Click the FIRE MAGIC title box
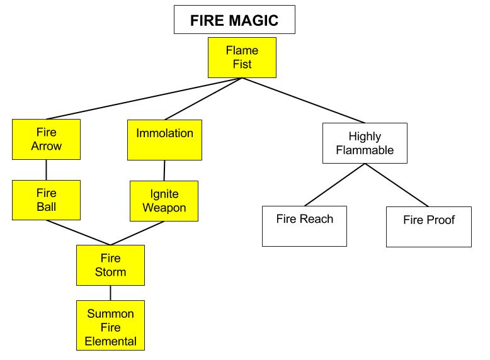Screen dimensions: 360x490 (x=234, y=20)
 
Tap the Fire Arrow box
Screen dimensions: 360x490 (x=46, y=139)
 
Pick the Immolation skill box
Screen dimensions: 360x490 (x=164, y=140)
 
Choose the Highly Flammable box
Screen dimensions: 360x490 (x=365, y=143)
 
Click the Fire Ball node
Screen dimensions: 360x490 (x=46, y=200)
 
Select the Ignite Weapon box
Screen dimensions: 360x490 (x=164, y=201)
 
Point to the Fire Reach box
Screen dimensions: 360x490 (x=304, y=225)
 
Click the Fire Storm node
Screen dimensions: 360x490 (x=110, y=265)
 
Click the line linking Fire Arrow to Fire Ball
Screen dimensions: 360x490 (x=46, y=170)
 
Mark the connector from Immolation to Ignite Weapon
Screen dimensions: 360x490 (x=164, y=171)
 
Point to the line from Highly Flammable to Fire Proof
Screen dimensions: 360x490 (x=397, y=185)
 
